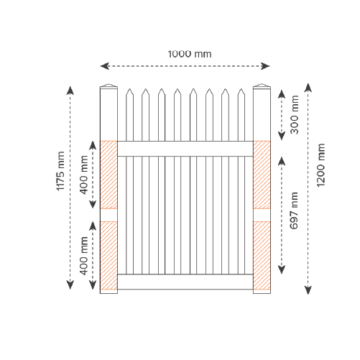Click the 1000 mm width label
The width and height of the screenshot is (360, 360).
(x=190, y=54)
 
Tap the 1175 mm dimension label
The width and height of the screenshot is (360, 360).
(x=60, y=171)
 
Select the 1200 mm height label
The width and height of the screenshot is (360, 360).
(x=320, y=165)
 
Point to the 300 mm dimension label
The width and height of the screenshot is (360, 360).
(x=295, y=114)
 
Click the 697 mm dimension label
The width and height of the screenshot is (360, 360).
(x=294, y=211)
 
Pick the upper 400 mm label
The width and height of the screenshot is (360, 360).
(x=84, y=175)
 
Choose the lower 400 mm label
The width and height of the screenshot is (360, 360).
(x=84, y=256)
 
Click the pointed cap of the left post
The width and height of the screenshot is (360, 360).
(x=109, y=86)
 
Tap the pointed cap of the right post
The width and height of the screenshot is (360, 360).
(x=262, y=86)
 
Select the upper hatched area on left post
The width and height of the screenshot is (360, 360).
(x=109, y=175)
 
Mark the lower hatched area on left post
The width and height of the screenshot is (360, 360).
(x=109, y=256)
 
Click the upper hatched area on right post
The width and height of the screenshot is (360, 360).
(x=262, y=175)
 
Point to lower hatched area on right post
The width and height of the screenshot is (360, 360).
(x=262, y=256)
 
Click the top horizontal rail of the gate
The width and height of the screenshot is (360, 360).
(x=185, y=149)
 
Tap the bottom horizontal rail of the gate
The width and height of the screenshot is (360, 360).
(x=185, y=282)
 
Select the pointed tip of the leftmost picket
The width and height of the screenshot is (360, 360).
(x=129, y=89)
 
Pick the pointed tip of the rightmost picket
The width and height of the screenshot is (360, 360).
(x=241, y=89)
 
